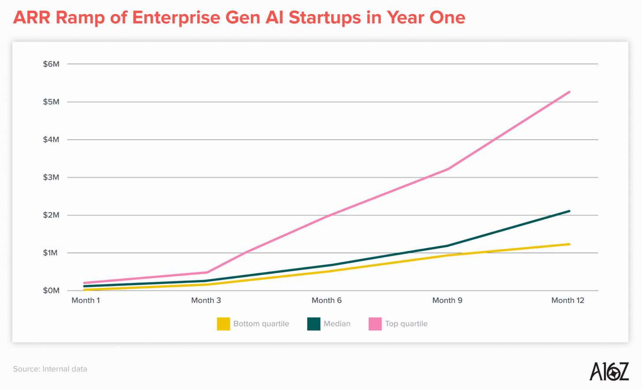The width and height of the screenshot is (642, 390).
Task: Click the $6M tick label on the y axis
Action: click(x=51, y=64)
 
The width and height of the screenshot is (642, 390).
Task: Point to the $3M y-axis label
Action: click(x=51, y=178)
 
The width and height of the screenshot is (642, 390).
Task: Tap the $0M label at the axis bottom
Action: click(x=51, y=291)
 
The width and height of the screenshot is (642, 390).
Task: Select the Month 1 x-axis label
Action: click(x=86, y=301)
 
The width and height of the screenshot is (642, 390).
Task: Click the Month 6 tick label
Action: click(x=326, y=301)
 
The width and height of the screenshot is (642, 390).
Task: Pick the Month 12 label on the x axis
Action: click(x=567, y=301)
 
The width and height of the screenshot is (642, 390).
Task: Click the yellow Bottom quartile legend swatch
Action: click(x=224, y=324)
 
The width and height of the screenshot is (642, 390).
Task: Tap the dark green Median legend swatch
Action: click(x=314, y=324)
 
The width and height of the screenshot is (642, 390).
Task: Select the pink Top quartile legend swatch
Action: click(x=375, y=324)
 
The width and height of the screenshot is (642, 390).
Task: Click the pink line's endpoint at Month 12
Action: click(x=569, y=92)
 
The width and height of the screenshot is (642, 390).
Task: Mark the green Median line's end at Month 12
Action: click(x=569, y=211)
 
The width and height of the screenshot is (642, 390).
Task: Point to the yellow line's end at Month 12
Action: click(x=569, y=244)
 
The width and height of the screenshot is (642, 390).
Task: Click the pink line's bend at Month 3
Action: click(x=207, y=272)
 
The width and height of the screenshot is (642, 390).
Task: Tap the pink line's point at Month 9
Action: click(x=448, y=169)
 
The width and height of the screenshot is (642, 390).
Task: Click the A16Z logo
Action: click(x=609, y=371)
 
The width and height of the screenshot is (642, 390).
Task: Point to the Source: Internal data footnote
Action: click(x=50, y=369)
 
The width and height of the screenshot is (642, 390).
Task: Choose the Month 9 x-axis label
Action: click(x=447, y=301)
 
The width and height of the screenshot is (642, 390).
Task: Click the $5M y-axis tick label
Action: click(x=51, y=102)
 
